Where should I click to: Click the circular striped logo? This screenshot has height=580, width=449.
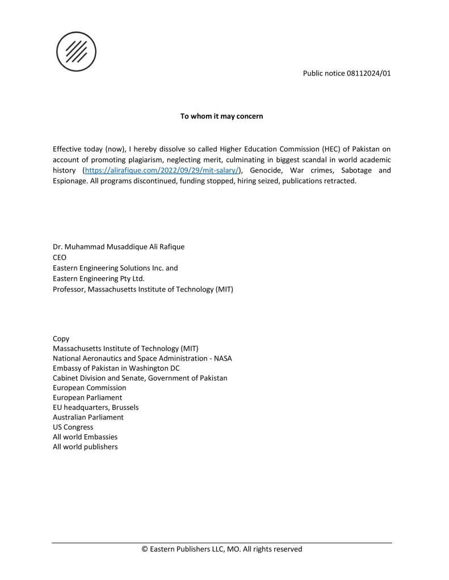(76, 52)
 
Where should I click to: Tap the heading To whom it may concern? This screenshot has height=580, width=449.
(221, 116)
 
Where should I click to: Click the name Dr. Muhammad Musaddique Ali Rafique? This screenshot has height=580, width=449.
(119, 247)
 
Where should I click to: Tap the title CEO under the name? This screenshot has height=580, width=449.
(60, 257)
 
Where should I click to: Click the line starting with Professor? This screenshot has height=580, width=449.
(143, 289)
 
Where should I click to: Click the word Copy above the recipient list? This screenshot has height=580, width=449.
(61, 338)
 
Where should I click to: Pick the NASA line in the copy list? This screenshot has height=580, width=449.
(142, 359)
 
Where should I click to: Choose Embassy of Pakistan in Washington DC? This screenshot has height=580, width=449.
(116, 369)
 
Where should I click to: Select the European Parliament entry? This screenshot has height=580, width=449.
(87, 397)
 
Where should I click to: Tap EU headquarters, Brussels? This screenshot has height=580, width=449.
(95, 407)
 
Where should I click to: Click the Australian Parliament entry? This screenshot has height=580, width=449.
(88, 417)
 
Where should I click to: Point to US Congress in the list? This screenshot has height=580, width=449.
(73, 427)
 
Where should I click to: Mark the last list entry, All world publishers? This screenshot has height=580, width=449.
(85, 447)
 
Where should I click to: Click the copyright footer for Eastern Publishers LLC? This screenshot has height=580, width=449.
(221, 549)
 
